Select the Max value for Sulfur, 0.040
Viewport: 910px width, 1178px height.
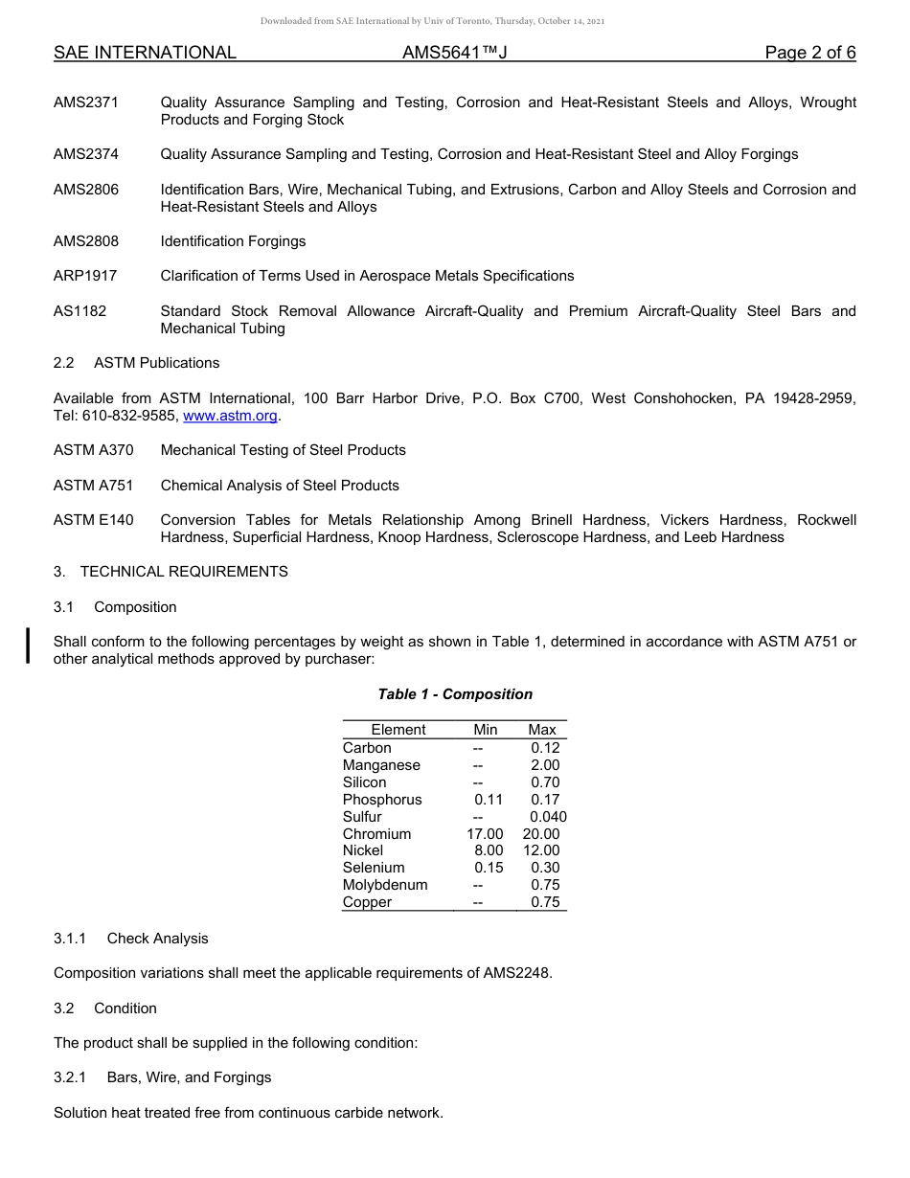(x=548, y=817)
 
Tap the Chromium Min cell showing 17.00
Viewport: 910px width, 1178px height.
(x=485, y=834)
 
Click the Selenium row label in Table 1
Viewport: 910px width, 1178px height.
(x=374, y=868)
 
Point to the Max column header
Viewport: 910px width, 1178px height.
(x=542, y=730)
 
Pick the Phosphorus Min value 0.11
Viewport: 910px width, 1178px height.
(x=489, y=800)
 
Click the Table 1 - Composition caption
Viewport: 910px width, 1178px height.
(x=455, y=694)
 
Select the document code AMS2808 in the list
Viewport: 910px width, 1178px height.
(x=86, y=241)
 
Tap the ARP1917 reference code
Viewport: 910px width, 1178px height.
(x=85, y=276)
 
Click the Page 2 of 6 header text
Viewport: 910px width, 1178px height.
(x=810, y=53)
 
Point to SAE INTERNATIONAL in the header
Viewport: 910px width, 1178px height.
(x=145, y=53)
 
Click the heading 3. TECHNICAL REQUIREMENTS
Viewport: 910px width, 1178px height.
(x=171, y=572)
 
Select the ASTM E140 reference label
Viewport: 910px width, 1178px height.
(x=94, y=520)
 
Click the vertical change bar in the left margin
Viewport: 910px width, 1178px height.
(x=29, y=645)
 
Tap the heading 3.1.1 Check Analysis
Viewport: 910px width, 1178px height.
(x=130, y=939)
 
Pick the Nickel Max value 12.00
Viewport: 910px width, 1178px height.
(x=541, y=850)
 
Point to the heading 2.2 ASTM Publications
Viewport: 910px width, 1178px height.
(x=136, y=363)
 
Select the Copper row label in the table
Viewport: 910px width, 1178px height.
(x=367, y=902)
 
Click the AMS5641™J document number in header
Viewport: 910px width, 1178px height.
(x=454, y=53)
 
